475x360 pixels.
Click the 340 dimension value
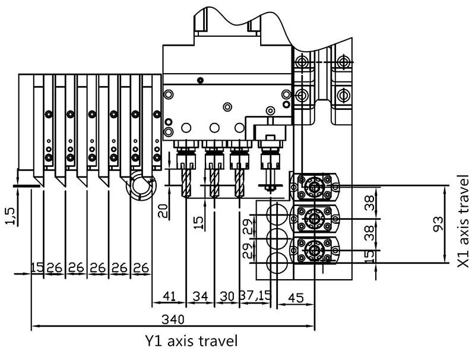(172, 319)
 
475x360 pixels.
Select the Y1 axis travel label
(191, 342)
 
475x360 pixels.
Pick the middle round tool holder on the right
(313, 219)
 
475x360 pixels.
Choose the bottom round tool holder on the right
(313, 251)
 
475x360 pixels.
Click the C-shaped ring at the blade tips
(140, 190)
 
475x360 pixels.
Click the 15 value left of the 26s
(37, 268)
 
